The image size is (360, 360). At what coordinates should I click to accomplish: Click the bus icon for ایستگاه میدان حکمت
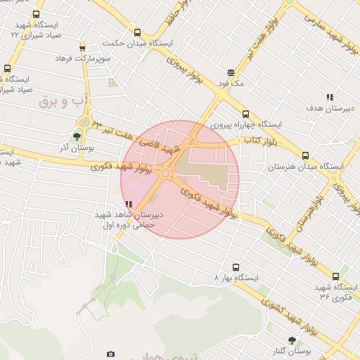[x=136, y=32]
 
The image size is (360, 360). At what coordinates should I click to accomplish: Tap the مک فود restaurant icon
[x=231, y=72]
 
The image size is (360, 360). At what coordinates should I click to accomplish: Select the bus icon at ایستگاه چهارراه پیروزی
[x=245, y=114]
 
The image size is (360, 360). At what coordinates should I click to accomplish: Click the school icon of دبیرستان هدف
[x=330, y=98]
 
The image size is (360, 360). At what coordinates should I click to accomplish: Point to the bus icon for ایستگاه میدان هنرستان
[x=305, y=156]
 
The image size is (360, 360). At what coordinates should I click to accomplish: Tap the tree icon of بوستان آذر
[x=77, y=137]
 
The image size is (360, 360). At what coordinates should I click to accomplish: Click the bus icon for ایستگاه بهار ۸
[x=236, y=268]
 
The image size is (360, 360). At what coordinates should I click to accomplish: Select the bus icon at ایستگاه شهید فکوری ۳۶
[x=335, y=277]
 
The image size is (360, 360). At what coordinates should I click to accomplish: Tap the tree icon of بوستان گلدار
[x=290, y=339]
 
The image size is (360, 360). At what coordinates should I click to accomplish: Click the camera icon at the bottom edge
[x=110, y=354]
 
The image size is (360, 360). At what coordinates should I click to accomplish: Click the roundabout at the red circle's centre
[x=166, y=172]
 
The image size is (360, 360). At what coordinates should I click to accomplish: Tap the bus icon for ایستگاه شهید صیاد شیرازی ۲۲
[x=36, y=14]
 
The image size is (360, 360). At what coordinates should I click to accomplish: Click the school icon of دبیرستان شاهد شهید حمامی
[x=128, y=205]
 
